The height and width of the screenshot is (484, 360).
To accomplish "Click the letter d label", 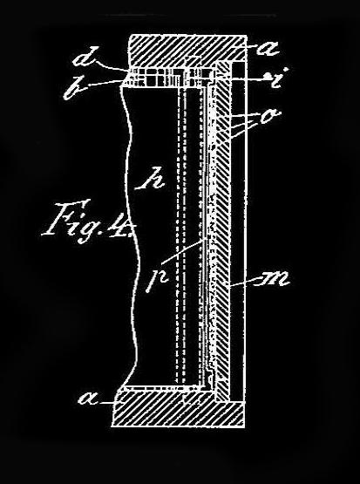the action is pos(85,57).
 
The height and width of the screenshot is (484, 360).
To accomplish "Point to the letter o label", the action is pos(270,117).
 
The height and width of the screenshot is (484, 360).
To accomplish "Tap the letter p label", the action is pos(157,280).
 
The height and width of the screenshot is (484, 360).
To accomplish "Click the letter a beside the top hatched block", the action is pos(269,49).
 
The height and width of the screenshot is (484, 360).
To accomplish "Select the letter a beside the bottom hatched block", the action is pos(89,399).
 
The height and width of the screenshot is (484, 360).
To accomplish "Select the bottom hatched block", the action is pos(179,408).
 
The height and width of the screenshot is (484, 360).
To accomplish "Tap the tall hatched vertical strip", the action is pos(222,231).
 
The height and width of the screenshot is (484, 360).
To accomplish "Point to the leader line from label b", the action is pos(103,83).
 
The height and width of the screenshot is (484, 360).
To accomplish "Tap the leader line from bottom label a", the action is pos(107,403).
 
